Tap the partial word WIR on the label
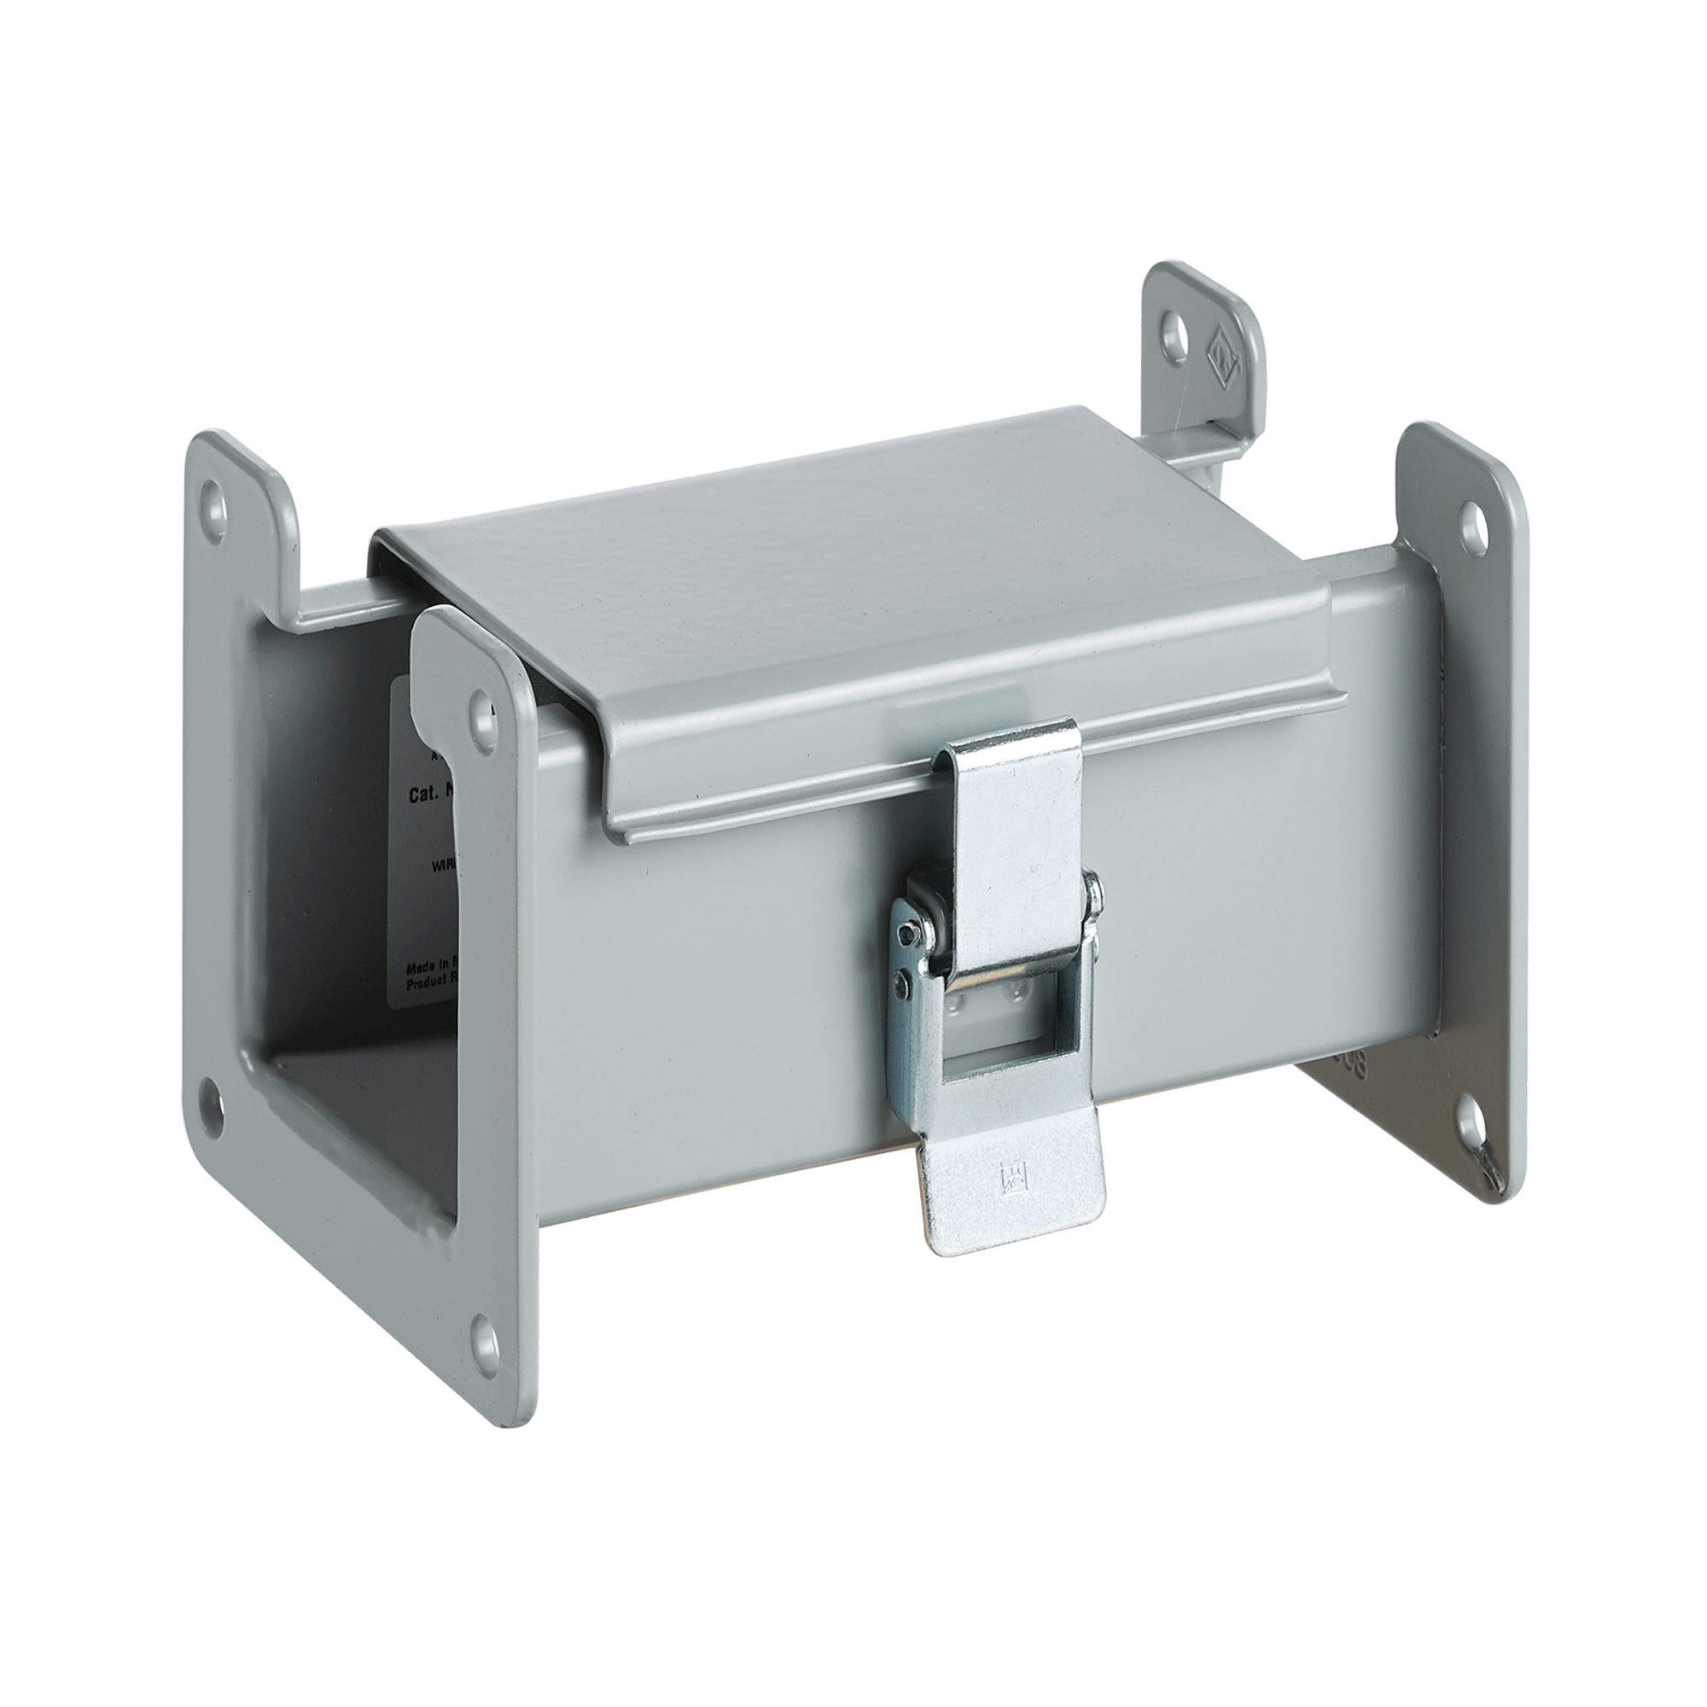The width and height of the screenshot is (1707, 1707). point(443,867)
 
